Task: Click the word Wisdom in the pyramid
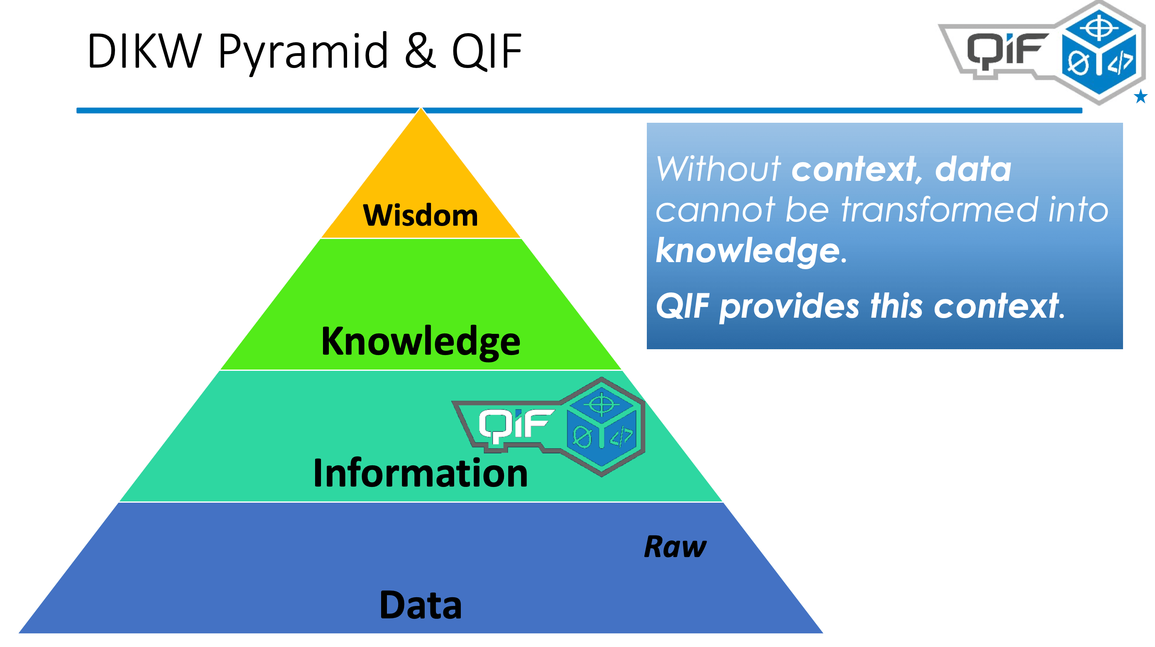[420, 216]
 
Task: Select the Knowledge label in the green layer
[421, 341]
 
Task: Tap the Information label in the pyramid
[421, 473]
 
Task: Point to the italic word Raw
[675, 547]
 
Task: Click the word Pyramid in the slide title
[303, 51]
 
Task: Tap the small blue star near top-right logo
[1140, 96]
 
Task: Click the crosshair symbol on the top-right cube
[1099, 28]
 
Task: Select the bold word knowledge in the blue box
[747, 251]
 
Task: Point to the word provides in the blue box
[789, 306]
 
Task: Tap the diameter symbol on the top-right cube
[1077, 63]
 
